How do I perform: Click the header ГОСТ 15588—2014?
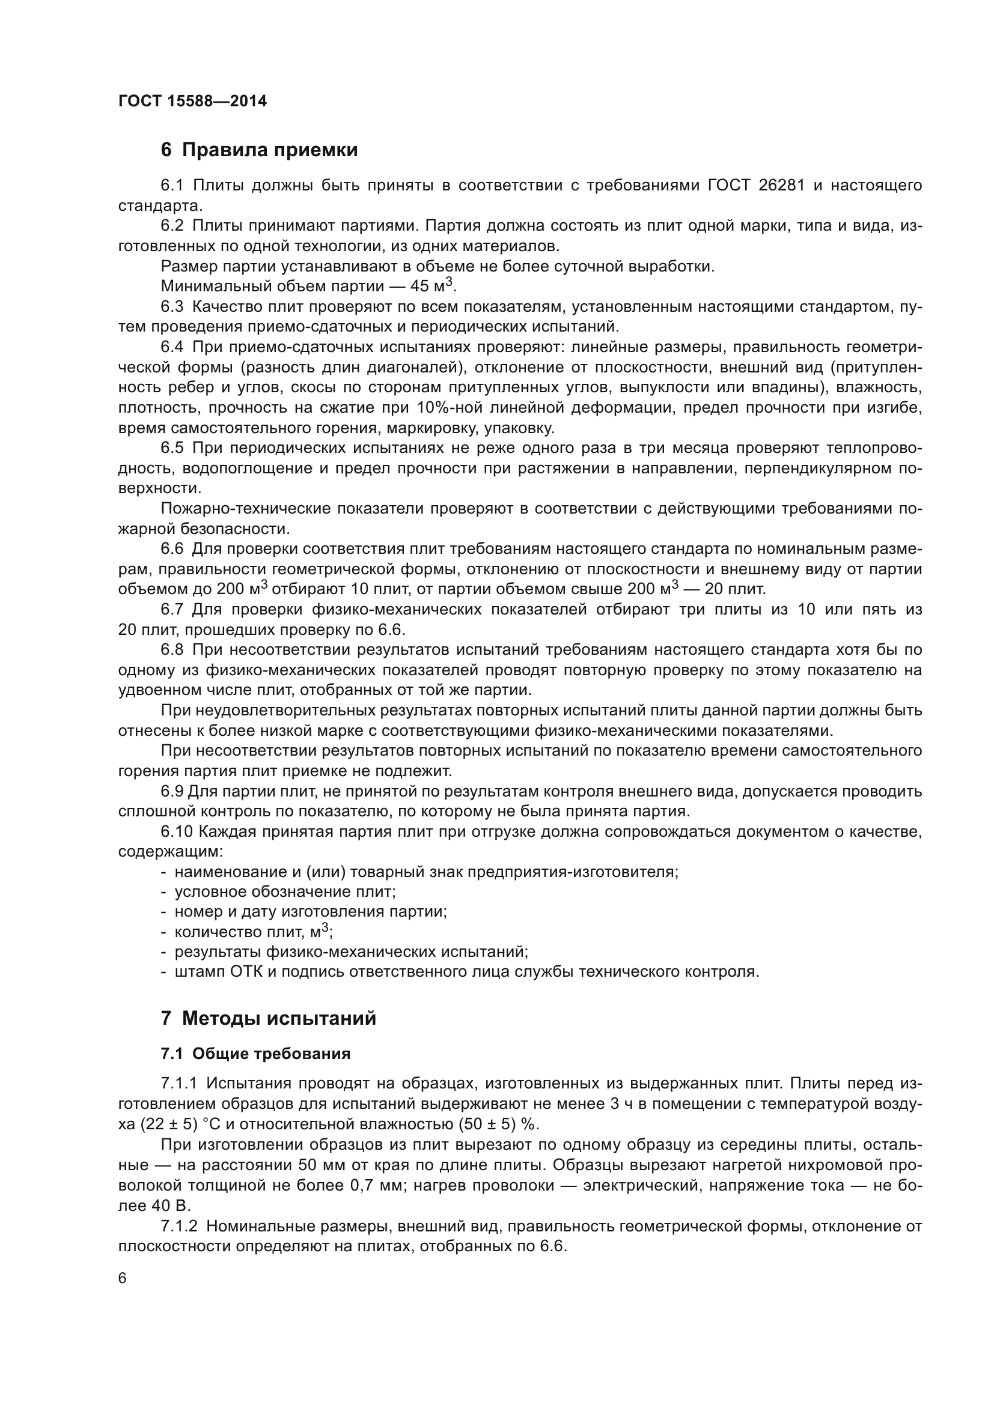[192, 101]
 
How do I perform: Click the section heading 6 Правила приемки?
[259, 150]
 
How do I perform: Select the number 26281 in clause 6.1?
[781, 186]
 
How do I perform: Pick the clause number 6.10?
[176, 831]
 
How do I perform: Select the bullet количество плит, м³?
[253, 932]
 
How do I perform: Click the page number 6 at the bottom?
[123, 1278]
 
